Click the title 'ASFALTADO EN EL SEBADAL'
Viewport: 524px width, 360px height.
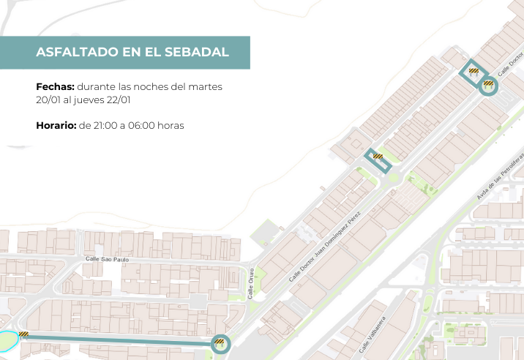(132, 53)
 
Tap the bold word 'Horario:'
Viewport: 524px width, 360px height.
(56, 126)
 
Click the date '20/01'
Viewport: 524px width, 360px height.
(48, 100)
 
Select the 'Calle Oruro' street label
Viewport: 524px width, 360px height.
(250, 283)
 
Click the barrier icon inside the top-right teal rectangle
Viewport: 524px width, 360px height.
(474, 71)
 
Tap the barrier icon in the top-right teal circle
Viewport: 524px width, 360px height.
(488, 84)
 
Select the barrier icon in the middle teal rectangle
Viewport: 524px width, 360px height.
(378, 156)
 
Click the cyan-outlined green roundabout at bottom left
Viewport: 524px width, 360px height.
(7, 341)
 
